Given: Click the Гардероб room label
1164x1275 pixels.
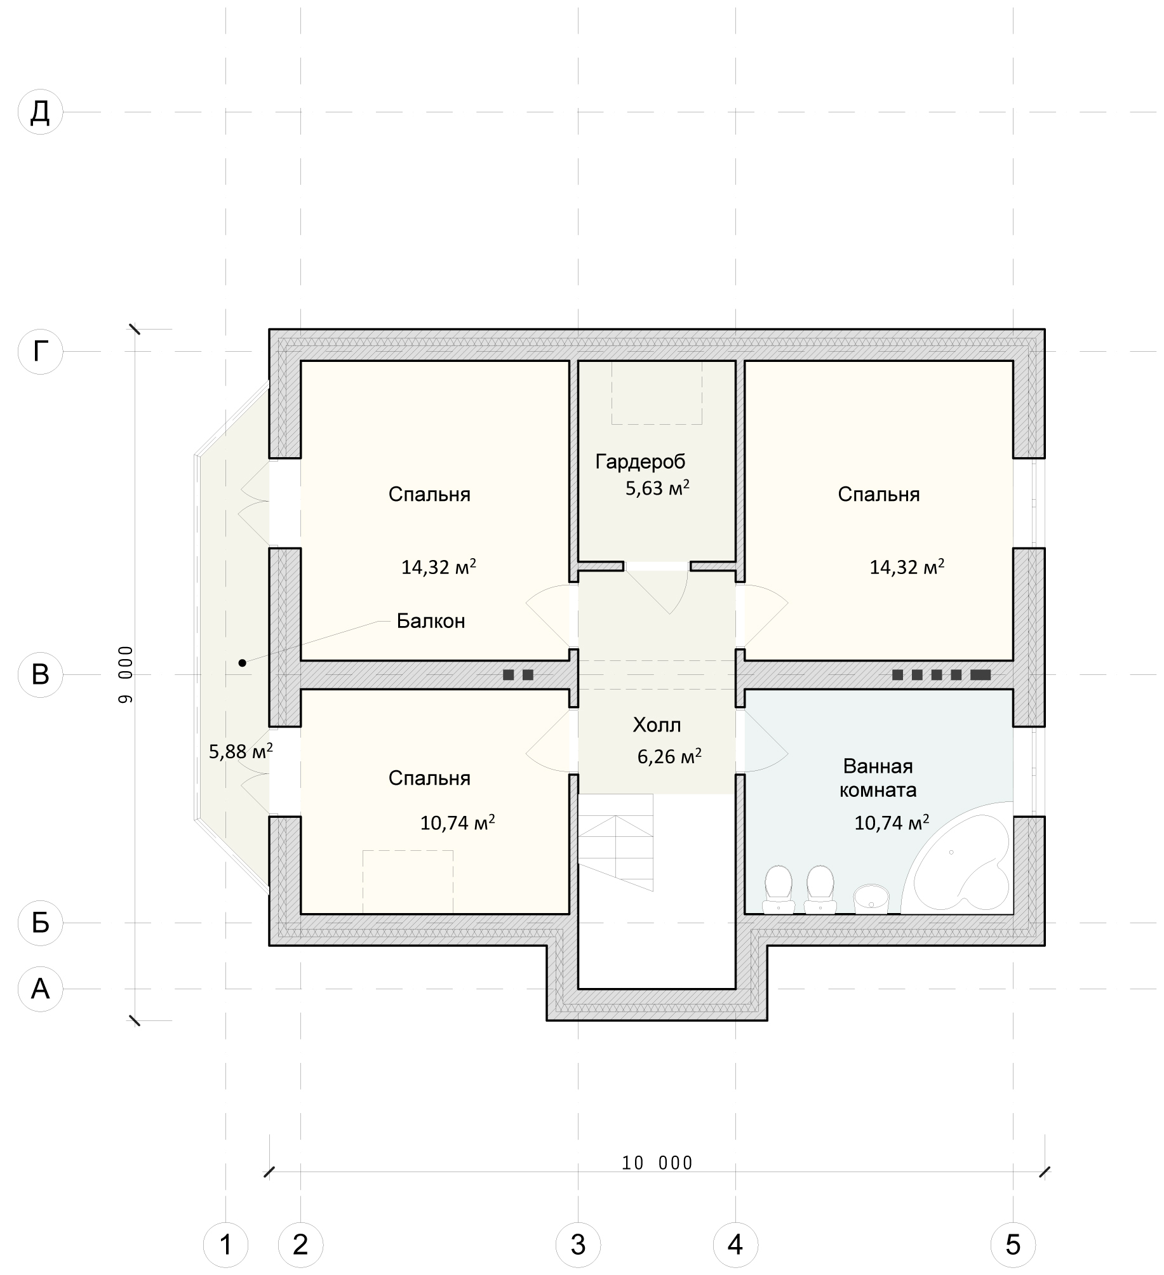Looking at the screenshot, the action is tap(640, 462).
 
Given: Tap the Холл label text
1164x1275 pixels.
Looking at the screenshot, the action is tap(657, 724).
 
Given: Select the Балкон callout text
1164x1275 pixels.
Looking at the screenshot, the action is tap(431, 620).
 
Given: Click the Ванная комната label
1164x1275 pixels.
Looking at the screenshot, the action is tap(878, 778).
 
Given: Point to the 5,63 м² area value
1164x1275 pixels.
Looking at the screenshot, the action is tap(657, 488).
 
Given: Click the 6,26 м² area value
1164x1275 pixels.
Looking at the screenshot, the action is tap(669, 756).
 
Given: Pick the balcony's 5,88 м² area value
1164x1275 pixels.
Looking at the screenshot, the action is tap(241, 751).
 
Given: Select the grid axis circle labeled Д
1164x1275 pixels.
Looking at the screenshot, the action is tap(41, 112).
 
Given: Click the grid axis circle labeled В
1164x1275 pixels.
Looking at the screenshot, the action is tap(41, 674).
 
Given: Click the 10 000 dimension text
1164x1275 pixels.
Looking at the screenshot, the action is tap(657, 1163).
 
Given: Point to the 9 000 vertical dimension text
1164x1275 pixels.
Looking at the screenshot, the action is tap(126, 674).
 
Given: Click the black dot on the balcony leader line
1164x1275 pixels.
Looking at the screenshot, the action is tap(242, 663).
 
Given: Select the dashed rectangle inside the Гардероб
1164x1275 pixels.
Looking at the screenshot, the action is tap(657, 392).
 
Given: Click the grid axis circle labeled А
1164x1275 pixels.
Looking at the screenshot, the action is tap(41, 988).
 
